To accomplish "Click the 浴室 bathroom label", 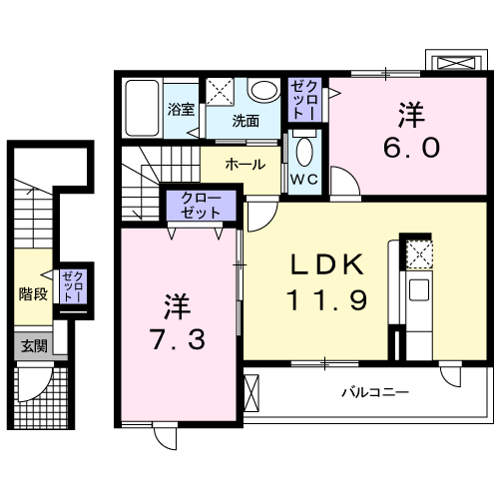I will click(181, 110).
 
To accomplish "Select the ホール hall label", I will click(245, 164).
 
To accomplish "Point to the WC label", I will click(303, 181).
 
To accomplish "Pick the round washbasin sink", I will click(263, 92).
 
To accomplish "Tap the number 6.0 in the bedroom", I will click(410, 148).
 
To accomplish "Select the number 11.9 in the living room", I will click(325, 297).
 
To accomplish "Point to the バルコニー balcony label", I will click(375, 392).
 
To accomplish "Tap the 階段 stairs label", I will click(32, 293).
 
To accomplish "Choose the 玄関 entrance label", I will click(32, 346).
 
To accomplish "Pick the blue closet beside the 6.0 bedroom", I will click(304, 100).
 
